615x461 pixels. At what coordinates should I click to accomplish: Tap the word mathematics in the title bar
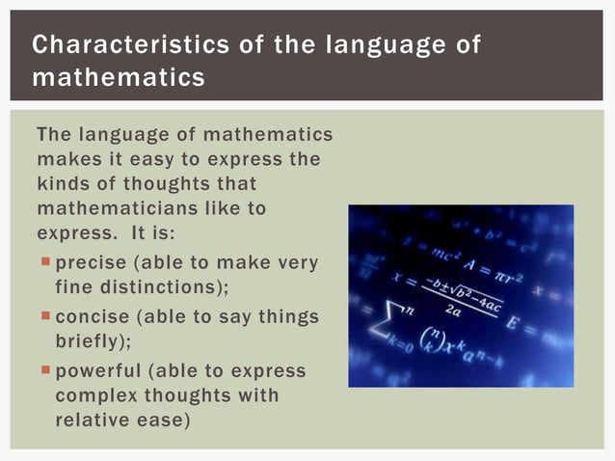point(119,76)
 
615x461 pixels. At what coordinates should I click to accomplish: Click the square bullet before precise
point(45,261)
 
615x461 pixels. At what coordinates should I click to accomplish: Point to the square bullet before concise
point(45,316)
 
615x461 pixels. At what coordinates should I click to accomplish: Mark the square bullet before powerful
point(45,371)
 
